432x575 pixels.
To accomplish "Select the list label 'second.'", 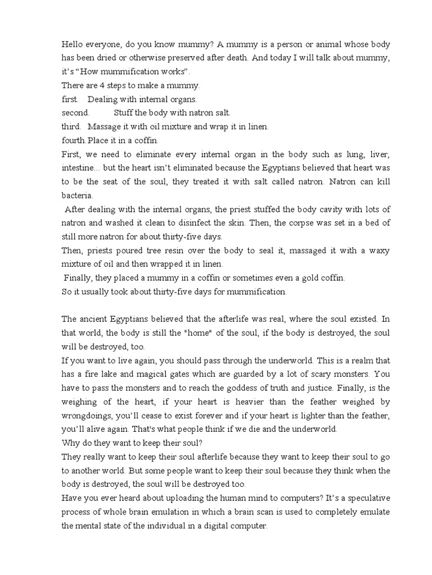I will coord(75,112).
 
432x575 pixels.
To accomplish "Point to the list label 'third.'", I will coord(71,126).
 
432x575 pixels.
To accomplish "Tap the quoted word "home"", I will coord(228,332).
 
